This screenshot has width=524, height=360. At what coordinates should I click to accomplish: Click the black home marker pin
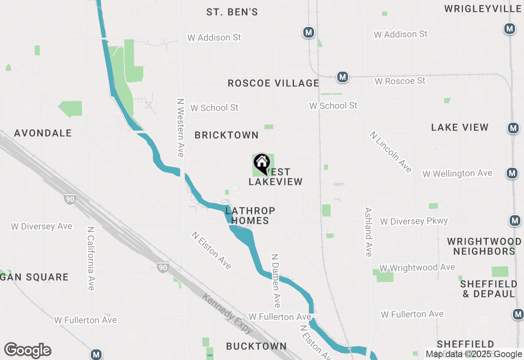pos(262,163)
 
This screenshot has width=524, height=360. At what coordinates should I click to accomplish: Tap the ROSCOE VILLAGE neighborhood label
pos(273,83)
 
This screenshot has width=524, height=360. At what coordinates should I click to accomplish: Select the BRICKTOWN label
pos(226,135)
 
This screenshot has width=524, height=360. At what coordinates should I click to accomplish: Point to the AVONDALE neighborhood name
pos(43,133)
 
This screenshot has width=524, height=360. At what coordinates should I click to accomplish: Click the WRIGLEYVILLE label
pos(483,9)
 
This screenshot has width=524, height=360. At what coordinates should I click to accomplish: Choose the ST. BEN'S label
pos(232,12)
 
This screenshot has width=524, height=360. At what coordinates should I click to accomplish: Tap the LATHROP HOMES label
pos(250,216)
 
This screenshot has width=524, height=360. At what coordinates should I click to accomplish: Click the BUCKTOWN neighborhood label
pos(256,346)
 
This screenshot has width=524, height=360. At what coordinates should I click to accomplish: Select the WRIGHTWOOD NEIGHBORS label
pos(484,246)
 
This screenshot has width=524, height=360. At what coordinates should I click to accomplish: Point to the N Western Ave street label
pos(181,128)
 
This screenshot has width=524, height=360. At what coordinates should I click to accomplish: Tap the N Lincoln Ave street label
pos(391,152)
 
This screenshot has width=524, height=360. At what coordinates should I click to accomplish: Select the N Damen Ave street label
pos(276,281)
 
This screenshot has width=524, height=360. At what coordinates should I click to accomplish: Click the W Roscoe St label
pos(400,81)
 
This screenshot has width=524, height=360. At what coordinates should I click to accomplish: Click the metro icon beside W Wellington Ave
pos(512,173)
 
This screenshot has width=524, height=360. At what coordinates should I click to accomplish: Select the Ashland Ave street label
pos(368,232)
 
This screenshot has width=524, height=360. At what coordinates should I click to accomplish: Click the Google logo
pos(27,351)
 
